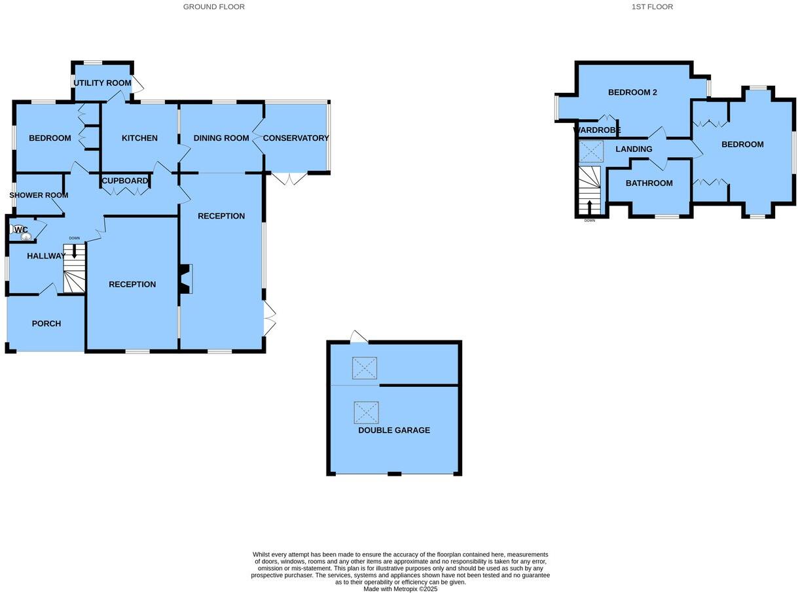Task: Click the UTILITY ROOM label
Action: tap(102, 83)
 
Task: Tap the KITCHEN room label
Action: tap(139, 138)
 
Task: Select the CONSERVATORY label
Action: tap(295, 138)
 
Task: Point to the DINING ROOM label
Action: tap(221, 138)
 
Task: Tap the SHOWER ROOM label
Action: tap(39, 195)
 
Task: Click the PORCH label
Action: tap(46, 323)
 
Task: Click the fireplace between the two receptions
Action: tap(186, 278)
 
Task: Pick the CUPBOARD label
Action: tap(124, 181)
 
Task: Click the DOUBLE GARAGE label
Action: tap(394, 430)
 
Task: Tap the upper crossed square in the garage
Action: tap(365, 368)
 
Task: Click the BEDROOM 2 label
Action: tap(632, 92)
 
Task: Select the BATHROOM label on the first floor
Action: tap(649, 183)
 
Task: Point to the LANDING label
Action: tap(634, 149)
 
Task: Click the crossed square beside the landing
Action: tap(591, 151)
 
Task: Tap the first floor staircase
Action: tap(590, 190)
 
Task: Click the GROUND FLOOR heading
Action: tap(213, 7)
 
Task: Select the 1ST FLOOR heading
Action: tap(652, 7)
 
